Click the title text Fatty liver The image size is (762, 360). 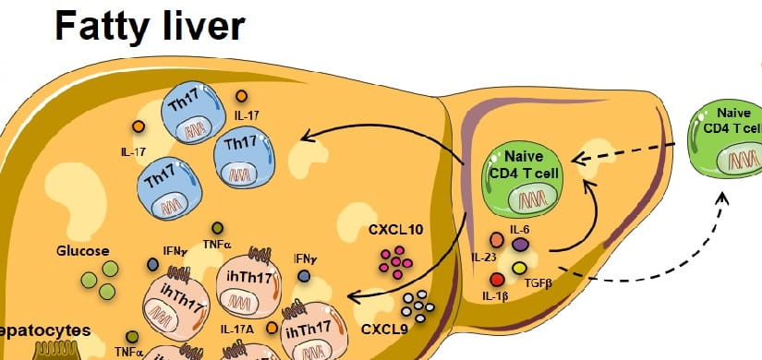tap(150, 27)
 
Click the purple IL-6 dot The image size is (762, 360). tap(520, 244)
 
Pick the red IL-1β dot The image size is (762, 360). tap(498, 280)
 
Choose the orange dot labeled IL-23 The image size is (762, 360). tap(497, 240)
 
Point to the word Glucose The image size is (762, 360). tap(83, 251)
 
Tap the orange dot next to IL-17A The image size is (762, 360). tap(272, 327)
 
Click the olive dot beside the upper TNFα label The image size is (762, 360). tap(218, 228)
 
